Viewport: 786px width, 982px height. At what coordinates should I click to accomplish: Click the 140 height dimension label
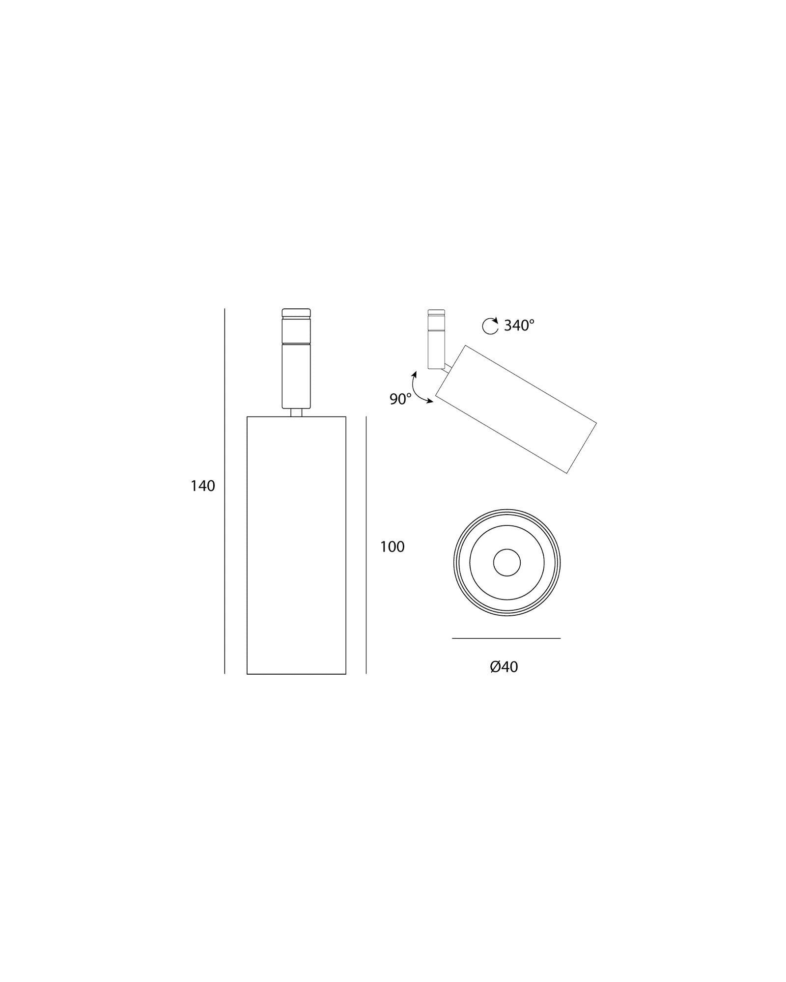pos(203,486)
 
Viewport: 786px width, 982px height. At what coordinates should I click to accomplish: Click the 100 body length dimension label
pos(392,547)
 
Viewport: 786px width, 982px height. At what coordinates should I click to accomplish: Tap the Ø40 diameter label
pos(504,667)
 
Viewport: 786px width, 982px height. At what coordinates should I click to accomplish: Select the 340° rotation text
pos(519,325)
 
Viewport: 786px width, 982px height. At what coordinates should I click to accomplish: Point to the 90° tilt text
pos(400,399)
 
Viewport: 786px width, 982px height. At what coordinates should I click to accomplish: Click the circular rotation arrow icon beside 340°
pos(490,326)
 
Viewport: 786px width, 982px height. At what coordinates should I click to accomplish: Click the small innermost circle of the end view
pos(507,562)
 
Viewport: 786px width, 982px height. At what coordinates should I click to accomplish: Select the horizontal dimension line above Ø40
pos(506,638)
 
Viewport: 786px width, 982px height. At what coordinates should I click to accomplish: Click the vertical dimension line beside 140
pos(225,491)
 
